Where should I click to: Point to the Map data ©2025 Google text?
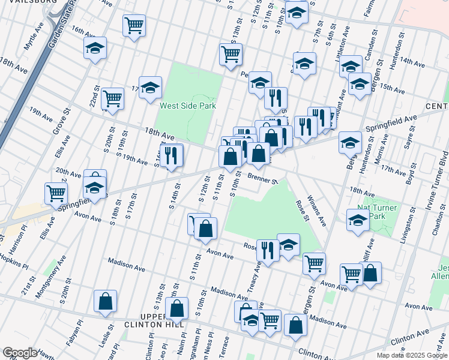click(x=411, y=355)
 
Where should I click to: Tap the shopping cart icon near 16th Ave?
click(x=134, y=25)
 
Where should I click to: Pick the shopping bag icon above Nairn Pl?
click(x=176, y=308)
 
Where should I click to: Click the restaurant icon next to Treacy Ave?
click(x=268, y=250)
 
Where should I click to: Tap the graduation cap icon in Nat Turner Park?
click(x=358, y=219)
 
